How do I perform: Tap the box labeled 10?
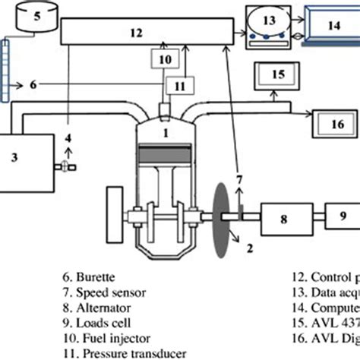166,58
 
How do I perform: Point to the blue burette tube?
8,69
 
